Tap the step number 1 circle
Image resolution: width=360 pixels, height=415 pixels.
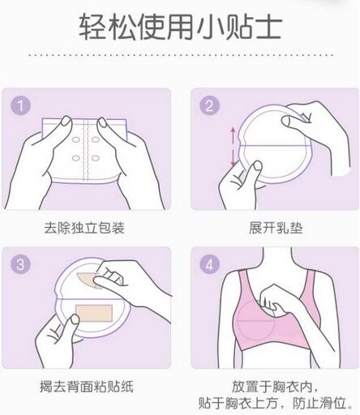pos(22,105)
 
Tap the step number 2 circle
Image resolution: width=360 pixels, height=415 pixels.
pos(210,105)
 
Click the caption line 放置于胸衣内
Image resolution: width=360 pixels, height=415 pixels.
pos(276,386)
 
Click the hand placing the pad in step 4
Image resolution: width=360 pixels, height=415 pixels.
pos(280,312)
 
